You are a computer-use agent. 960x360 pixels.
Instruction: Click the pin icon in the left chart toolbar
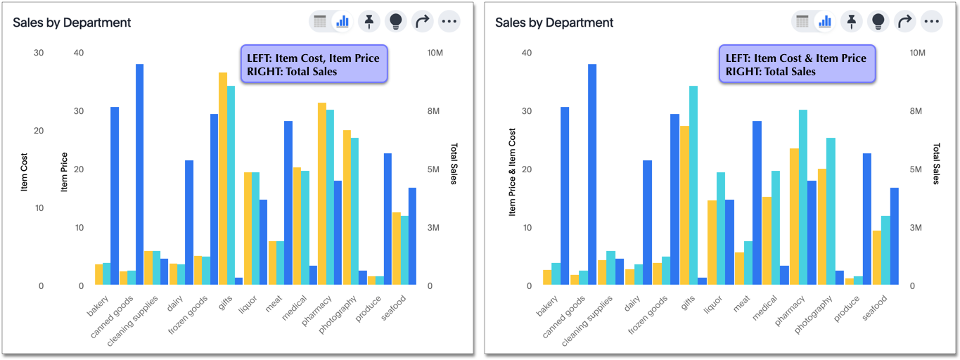(x=369, y=22)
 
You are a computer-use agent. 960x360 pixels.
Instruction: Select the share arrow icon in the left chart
(x=422, y=22)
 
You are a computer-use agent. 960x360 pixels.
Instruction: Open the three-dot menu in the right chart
(x=932, y=22)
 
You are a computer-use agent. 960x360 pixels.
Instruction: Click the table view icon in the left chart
(x=320, y=22)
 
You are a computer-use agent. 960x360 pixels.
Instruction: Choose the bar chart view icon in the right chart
(x=825, y=22)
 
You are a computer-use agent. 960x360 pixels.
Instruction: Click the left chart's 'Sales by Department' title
(x=72, y=22)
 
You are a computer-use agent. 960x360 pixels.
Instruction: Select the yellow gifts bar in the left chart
(x=222, y=179)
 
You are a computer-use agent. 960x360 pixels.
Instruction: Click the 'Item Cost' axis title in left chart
(x=25, y=172)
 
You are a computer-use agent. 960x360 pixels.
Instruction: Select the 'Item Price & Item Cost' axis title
(x=513, y=172)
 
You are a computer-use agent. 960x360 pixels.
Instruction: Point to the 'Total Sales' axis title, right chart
(x=936, y=164)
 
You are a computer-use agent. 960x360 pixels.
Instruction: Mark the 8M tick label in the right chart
(x=917, y=111)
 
